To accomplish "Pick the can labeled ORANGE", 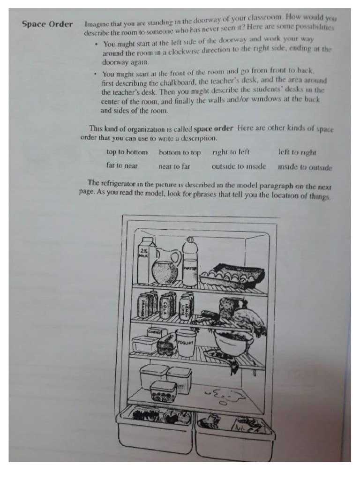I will [x=142, y=305].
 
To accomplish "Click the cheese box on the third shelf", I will [x=154, y=332].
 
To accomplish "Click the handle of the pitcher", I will [x=176, y=258].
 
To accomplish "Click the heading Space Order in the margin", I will [x=47, y=24].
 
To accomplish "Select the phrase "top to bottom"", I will [x=127, y=152].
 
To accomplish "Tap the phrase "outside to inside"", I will [x=239, y=166].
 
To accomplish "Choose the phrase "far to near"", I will [x=122, y=166].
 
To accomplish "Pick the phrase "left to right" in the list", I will [x=297, y=152].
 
